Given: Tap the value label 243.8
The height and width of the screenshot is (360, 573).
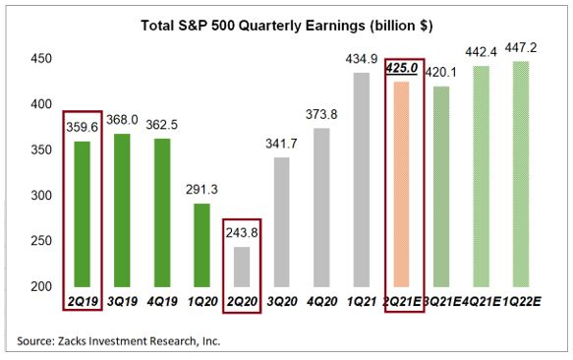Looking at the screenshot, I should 241,234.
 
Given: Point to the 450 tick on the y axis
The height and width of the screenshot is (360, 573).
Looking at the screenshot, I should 38,59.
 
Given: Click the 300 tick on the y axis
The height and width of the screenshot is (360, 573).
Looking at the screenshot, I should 38,195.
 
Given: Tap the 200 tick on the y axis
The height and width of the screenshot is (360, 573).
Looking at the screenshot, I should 38,286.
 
